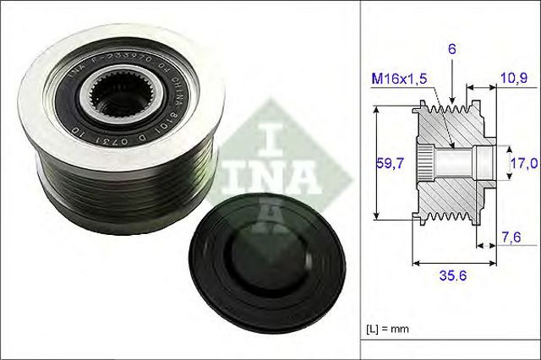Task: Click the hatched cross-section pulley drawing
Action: [452, 161]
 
